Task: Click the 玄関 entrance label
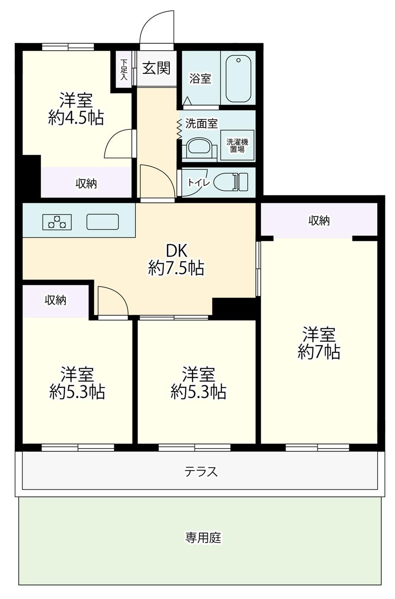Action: pos(156,68)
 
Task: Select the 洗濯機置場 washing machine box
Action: pos(237,145)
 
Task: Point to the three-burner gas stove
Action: pos(57,222)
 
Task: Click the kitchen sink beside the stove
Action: pos(102,222)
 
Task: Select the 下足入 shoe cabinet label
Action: pos(124,69)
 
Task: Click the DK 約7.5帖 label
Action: pos(176,259)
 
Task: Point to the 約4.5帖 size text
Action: pos(76,117)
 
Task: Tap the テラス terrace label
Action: pos(201,471)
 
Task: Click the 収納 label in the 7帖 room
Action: pos(319,220)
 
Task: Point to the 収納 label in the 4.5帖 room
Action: pos(86,184)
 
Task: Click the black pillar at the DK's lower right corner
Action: pos(234,306)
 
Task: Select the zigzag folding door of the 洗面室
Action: pos(179,129)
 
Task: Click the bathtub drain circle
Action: pos(239,60)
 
